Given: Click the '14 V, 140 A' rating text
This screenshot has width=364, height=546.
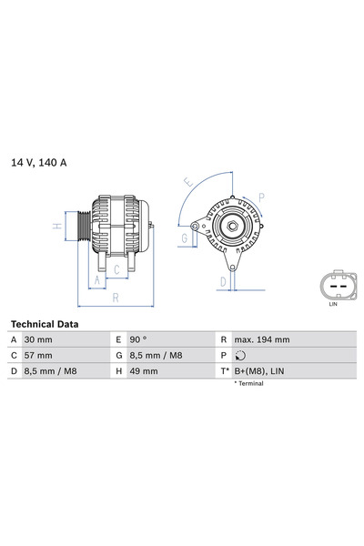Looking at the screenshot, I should (39, 162).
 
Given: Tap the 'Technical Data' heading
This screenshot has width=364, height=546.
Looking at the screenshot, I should (44, 324).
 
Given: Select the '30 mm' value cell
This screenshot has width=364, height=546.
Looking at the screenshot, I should (38, 339).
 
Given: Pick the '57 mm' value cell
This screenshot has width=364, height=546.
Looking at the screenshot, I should (38, 355).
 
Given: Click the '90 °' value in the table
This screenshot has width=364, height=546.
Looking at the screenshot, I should (138, 339).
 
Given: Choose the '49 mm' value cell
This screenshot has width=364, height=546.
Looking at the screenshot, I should (144, 371).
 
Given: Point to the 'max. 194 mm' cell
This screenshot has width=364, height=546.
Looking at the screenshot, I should (261, 339).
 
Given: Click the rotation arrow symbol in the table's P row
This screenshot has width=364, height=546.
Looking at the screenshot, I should (240, 356).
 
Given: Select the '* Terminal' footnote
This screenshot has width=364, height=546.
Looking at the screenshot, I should (248, 384).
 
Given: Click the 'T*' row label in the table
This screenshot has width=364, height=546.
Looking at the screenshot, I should (223, 371).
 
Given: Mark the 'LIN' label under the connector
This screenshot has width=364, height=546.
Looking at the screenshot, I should (333, 305).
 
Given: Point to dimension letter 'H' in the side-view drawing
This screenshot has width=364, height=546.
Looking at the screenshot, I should (56, 226).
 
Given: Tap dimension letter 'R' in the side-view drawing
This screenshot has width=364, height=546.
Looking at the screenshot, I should (115, 298).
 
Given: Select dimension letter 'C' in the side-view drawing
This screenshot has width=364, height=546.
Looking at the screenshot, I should (116, 269).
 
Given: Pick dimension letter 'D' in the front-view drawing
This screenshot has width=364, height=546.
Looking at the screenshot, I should (222, 282).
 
